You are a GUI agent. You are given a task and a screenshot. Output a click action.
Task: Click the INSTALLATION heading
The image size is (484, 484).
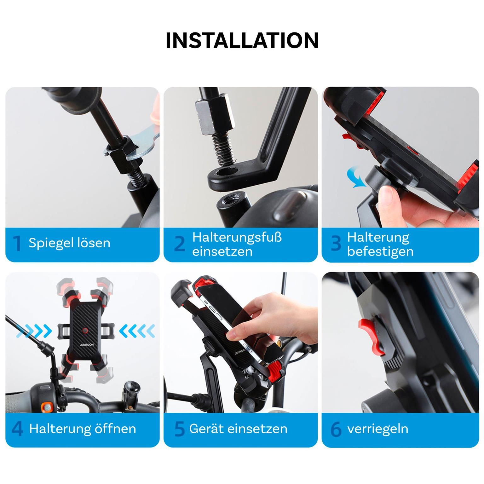coord(242,40)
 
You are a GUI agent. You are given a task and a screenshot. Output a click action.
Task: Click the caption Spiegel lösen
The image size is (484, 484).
coord(69,243)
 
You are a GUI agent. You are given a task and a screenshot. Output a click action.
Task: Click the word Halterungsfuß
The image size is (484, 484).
coord(237,237)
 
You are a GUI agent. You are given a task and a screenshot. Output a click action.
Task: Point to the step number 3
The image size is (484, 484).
coord(336,244)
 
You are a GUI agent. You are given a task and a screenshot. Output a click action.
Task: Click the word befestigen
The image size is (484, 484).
coord(380,251)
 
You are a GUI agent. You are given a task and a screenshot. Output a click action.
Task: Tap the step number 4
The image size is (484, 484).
coord(17,429)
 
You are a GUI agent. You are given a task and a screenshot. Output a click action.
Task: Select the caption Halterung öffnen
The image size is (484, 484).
coord(83,429)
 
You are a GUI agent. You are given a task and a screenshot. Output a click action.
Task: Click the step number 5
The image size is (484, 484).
coord(179,429)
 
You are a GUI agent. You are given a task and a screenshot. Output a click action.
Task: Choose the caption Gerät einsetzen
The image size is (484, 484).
coord(238,429)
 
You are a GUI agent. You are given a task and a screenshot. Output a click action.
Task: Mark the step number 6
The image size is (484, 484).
coord(336,429)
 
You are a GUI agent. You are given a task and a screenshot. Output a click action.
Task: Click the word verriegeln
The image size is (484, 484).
coord(377,429)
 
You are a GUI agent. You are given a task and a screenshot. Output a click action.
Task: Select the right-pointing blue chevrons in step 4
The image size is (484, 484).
coord(35,331)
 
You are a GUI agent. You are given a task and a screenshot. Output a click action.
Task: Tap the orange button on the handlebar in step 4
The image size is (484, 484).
coord(47,406)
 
